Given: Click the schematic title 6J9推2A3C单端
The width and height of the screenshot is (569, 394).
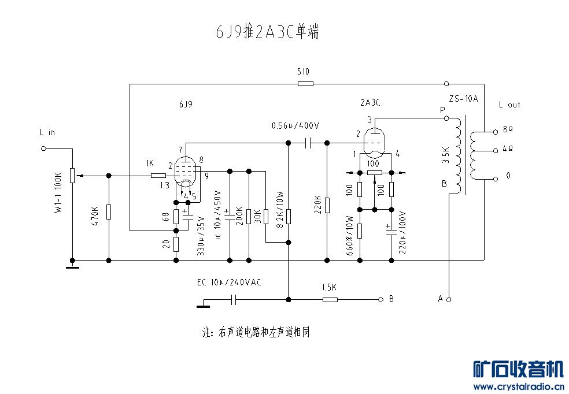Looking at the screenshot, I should (x=267, y=32).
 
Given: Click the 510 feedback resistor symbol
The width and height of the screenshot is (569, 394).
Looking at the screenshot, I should (x=305, y=84).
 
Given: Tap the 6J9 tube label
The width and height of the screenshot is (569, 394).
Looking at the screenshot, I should (x=186, y=105).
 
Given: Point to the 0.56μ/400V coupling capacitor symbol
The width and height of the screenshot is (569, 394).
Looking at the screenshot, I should (x=308, y=142).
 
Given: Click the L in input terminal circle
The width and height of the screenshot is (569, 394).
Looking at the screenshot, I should (x=43, y=148).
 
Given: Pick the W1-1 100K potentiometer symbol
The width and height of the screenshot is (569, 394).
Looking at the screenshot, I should (x=72, y=174).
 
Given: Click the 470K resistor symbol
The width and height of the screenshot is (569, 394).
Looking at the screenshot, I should (x=109, y=213).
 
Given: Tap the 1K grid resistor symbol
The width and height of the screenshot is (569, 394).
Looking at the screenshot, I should (x=158, y=174).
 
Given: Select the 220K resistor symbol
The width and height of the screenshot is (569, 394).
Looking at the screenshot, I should (x=327, y=205).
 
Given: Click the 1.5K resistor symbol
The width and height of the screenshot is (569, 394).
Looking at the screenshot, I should (x=330, y=299).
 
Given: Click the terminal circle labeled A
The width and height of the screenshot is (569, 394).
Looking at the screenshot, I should (x=448, y=299).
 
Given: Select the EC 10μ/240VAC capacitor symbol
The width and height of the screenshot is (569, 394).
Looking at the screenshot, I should (x=234, y=299).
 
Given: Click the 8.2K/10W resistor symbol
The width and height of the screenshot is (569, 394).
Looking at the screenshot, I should (x=288, y=217).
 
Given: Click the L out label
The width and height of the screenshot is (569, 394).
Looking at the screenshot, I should (x=509, y=105).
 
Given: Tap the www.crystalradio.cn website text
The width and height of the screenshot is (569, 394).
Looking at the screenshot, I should (x=519, y=386).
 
